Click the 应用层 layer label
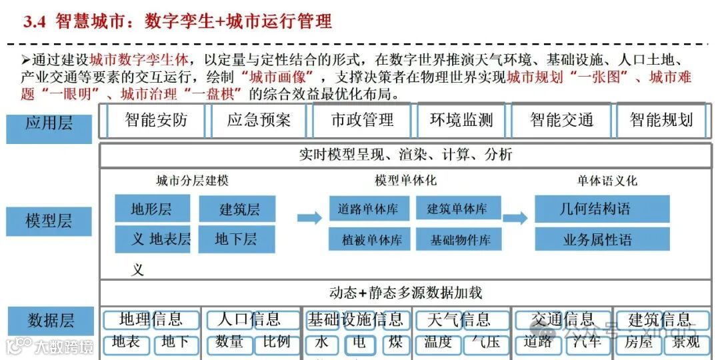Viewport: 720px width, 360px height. point(49,125)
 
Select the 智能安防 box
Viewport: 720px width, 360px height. point(156,121)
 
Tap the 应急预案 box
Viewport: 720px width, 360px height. point(259,121)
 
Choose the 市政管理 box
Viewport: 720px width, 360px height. point(362,121)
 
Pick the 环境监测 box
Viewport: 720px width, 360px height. point(461,121)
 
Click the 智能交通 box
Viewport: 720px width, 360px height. point(561,121)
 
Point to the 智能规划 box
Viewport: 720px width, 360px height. point(661,121)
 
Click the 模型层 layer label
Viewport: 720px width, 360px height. point(49,221)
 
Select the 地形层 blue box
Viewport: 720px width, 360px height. point(152,209)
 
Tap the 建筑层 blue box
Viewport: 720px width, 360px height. point(237,209)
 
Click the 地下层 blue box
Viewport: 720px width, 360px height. point(235,239)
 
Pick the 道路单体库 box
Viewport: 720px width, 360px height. point(369,209)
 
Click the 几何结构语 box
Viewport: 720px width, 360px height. point(602,209)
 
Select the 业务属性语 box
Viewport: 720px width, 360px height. point(602,239)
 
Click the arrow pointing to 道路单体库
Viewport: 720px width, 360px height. point(309,217)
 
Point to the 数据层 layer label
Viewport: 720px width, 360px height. point(50,321)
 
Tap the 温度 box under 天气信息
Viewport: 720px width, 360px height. point(438,343)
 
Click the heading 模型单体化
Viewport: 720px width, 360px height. point(405,181)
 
